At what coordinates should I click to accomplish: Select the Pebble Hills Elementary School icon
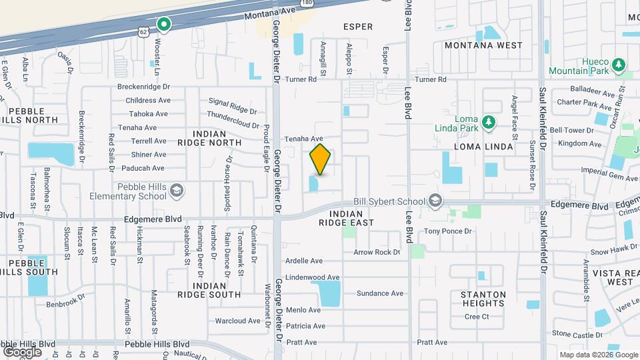coord(177,192)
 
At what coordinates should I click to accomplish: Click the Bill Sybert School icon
coord(435,201)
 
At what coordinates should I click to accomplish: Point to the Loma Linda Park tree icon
coord(489,121)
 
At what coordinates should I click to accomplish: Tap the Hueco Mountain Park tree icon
coord(619,65)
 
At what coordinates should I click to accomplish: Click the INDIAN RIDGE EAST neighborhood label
coord(346,218)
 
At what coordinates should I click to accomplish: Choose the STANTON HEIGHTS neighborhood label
coord(483,299)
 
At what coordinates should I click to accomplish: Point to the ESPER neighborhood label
coord(357,27)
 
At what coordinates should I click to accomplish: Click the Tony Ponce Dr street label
coord(448,231)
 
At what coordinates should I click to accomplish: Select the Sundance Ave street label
coord(380,293)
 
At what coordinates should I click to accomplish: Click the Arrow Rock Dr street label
coord(377,253)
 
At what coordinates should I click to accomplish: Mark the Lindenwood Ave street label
coord(312,277)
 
